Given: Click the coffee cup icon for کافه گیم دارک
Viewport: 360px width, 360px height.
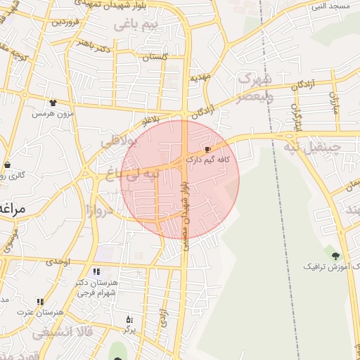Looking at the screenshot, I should (x=207, y=150).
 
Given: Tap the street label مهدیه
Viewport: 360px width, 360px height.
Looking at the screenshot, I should (x=196, y=77).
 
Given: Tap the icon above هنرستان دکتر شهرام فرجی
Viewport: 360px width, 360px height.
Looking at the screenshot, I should (x=96, y=271).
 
